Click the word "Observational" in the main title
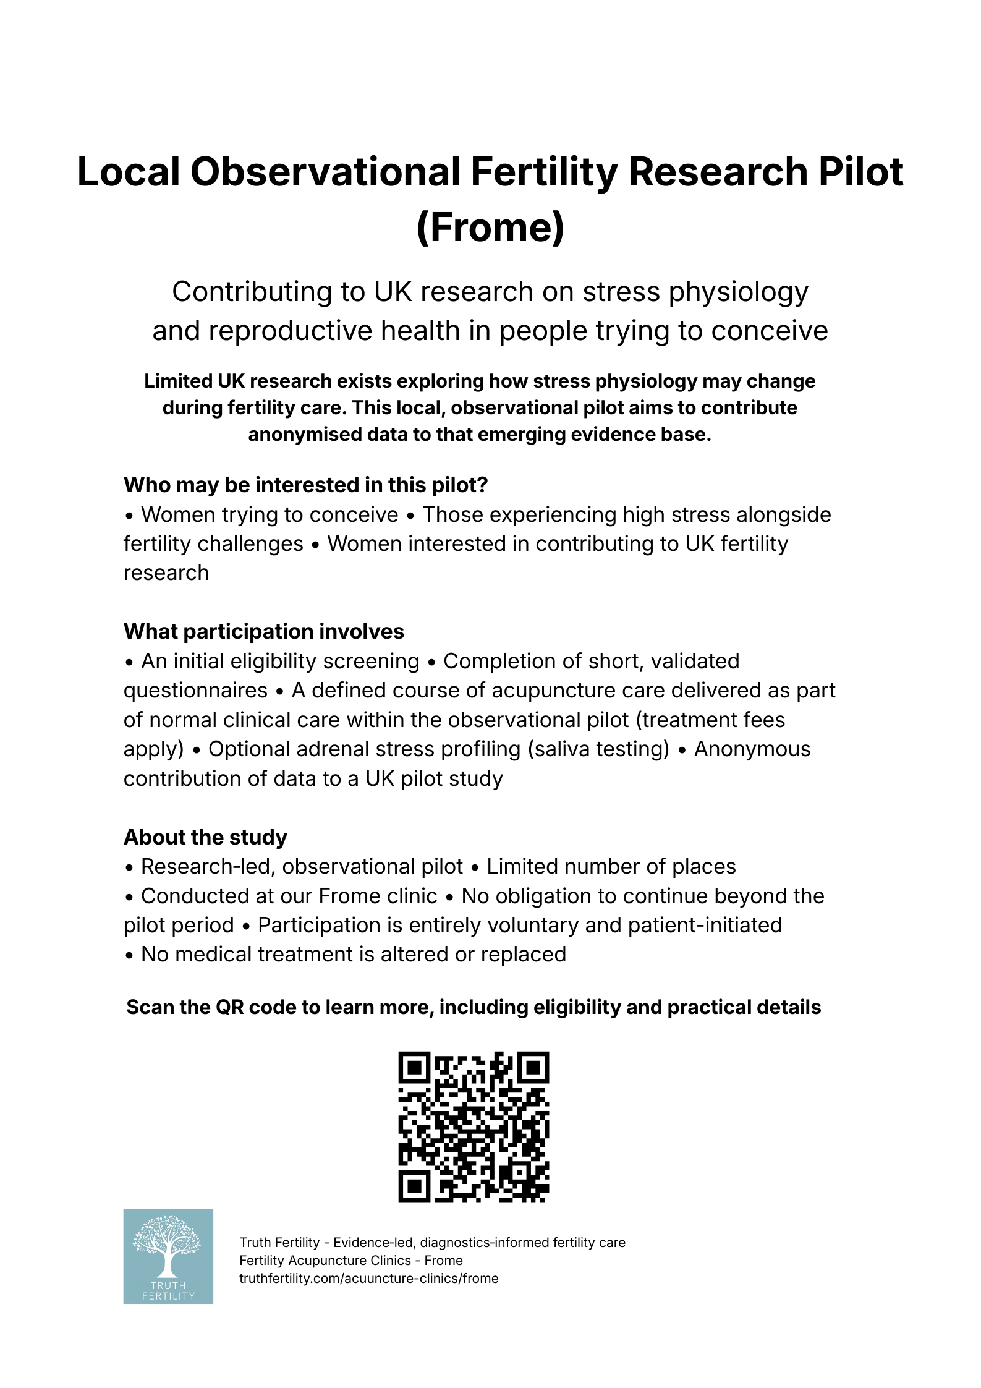[325, 172]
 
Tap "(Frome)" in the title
[490, 228]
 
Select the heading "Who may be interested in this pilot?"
[305, 485]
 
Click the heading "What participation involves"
[263, 631]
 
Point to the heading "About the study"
[205, 837]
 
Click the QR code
[474, 1126]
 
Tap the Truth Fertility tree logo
[168, 1256]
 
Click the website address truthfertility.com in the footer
[368, 1278]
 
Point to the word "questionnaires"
[195, 690]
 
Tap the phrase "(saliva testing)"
[598, 749]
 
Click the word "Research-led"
[208, 867]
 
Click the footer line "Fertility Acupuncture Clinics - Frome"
[350, 1260]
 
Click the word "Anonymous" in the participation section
[752, 749]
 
